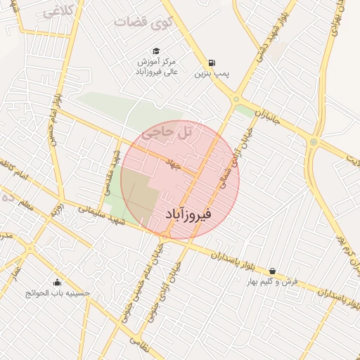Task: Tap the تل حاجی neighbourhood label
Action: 166,131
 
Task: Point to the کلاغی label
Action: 59,11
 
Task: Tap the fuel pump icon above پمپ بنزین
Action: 212,62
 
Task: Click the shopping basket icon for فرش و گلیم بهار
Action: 272,271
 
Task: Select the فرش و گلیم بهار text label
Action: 271,281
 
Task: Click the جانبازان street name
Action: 267,117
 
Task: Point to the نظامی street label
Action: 140,340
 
